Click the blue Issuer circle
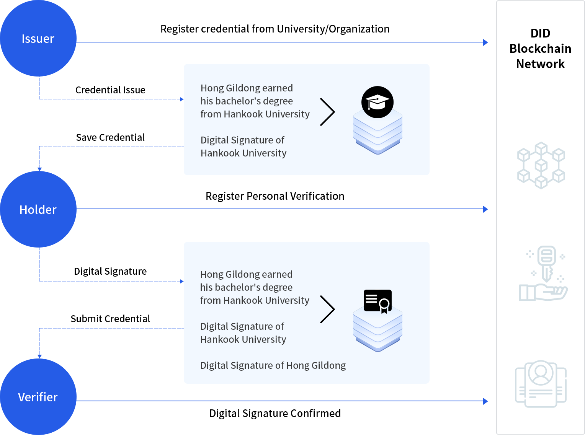(38, 38)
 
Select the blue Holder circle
(38, 209)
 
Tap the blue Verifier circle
(38, 397)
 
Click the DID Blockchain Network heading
(540, 49)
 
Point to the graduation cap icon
(377, 102)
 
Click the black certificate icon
(378, 301)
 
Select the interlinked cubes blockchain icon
(541, 165)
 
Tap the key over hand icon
(543, 274)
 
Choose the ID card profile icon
(541, 384)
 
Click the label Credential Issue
(110, 90)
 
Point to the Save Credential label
(110, 137)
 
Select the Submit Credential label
(110, 319)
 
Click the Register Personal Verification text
(275, 196)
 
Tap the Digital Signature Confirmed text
(275, 413)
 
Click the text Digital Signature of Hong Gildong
(273, 366)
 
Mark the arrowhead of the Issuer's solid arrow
(485, 42)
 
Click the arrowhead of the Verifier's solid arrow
(485, 401)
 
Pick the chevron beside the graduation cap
(328, 112)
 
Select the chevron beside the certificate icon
(328, 309)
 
